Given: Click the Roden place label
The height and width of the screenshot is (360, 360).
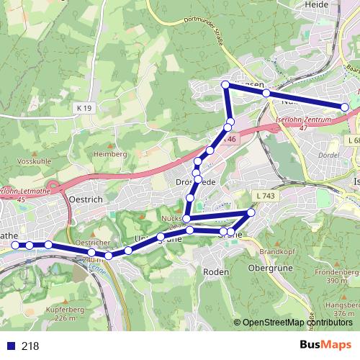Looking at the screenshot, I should tap(216, 271).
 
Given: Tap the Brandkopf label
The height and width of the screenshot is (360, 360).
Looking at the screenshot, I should tap(274, 252).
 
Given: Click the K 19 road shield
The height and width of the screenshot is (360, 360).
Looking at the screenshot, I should tap(84, 107).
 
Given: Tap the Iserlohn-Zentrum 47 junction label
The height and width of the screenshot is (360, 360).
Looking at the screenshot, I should tap(302, 122).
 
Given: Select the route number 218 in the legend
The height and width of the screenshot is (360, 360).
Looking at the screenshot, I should tap(30, 346).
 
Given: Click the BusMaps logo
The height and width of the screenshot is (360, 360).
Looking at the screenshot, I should tap(325, 345).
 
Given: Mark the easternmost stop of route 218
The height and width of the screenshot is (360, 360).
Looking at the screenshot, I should tap(345, 107).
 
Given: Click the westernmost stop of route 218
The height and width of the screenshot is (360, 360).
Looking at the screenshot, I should tap(16, 246).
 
